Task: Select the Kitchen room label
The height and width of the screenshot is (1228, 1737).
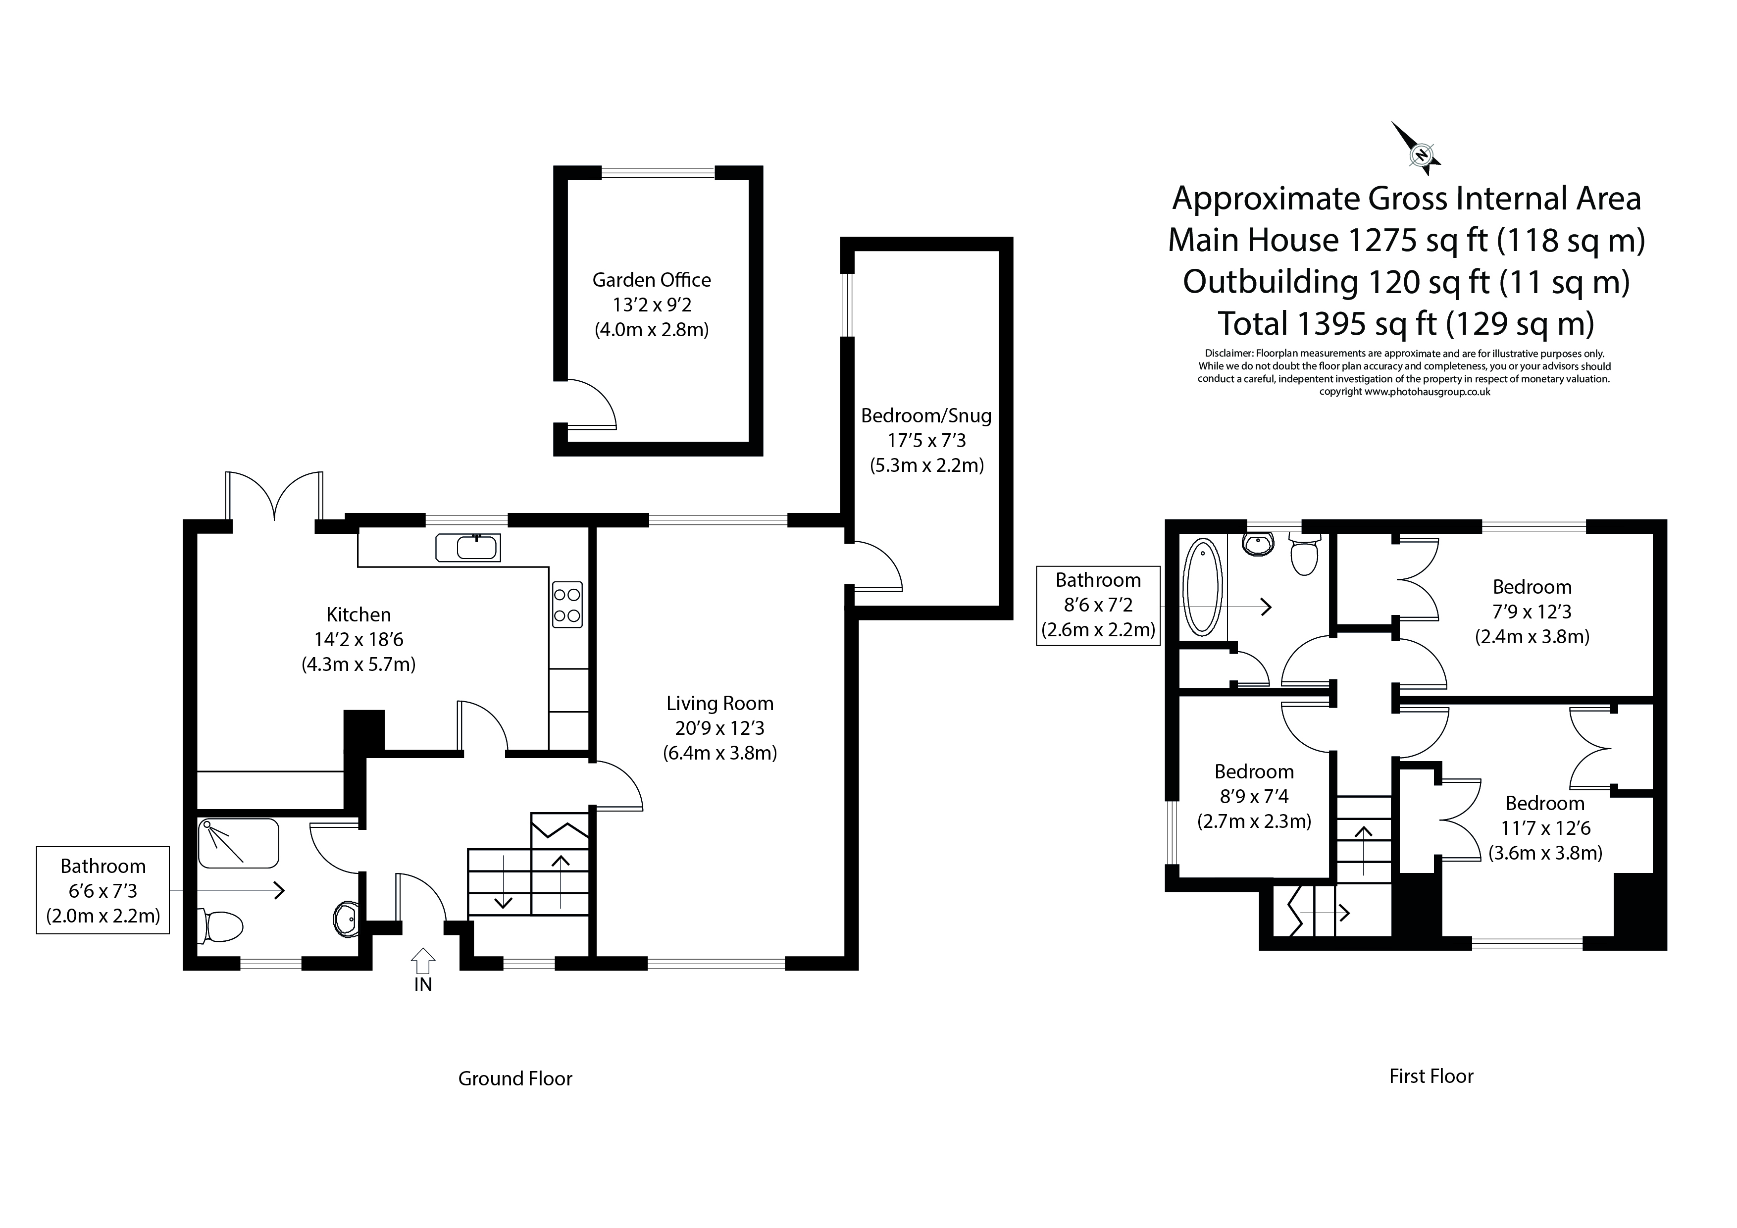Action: point(358,614)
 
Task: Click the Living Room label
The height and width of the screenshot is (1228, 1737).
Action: point(719,704)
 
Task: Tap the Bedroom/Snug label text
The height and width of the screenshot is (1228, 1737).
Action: point(926,415)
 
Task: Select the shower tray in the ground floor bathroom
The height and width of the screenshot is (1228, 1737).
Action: point(238,843)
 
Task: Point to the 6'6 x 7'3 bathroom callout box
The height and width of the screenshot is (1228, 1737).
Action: point(103,890)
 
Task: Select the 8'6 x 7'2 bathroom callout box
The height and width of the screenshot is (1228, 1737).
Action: point(1098,605)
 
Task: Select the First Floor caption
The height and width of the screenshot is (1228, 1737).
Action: point(1430,1076)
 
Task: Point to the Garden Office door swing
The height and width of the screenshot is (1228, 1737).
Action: point(592,405)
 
